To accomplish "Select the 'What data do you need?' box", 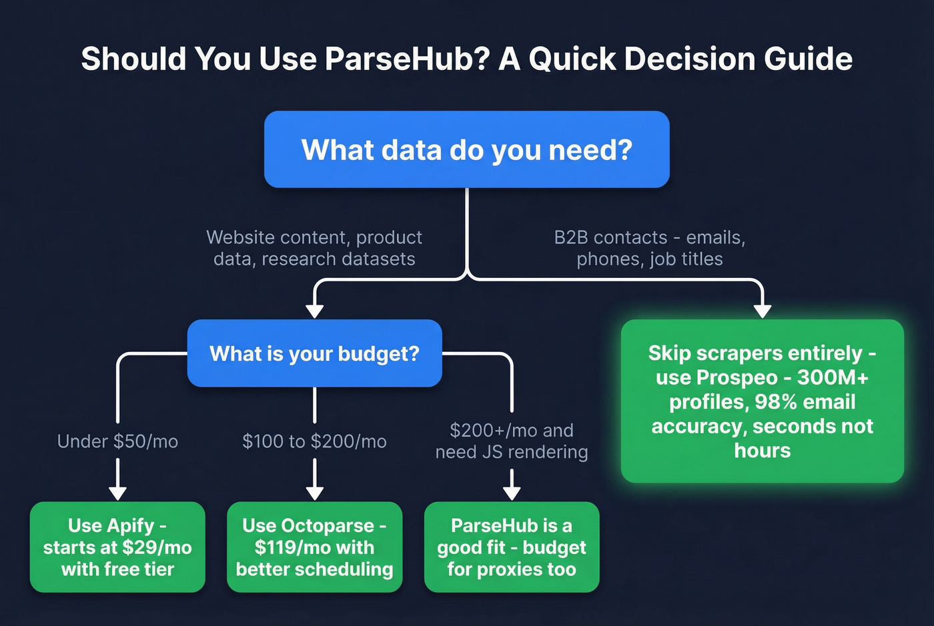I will [x=466, y=149].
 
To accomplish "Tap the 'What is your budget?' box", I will [x=314, y=353].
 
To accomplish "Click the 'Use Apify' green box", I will [x=117, y=547].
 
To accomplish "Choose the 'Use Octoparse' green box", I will [x=314, y=547].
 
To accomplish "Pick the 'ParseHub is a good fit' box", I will [x=512, y=547].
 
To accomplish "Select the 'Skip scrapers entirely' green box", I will [x=762, y=401].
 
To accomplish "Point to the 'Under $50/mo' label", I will [x=117, y=441].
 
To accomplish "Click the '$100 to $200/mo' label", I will [x=314, y=441].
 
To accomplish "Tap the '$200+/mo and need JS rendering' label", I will [x=512, y=441].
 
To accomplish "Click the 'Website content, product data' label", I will [x=314, y=248].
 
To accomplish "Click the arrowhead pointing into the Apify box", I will [x=117, y=493].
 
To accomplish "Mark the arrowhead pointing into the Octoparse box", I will [x=314, y=493].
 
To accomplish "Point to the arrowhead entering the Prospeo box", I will [x=762, y=311].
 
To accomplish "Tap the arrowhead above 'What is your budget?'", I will [x=314, y=311].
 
